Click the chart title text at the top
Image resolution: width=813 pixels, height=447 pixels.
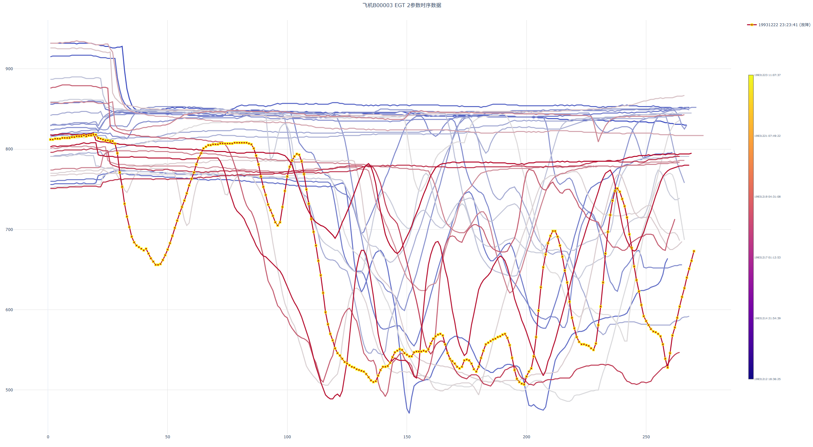(x=401, y=5)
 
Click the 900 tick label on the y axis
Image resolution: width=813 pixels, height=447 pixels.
(x=9, y=69)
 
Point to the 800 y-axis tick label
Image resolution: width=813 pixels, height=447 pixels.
(x=9, y=149)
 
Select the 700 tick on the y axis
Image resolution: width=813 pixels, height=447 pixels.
(x=9, y=230)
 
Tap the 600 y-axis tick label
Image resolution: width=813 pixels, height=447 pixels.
(x=9, y=310)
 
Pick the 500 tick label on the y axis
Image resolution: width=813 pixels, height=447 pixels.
(x=9, y=390)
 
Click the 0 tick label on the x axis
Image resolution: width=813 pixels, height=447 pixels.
(x=48, y=437)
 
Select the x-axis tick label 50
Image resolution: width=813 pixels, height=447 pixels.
(x=167, y=437)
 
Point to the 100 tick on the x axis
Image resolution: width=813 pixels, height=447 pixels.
(x=287, y=437)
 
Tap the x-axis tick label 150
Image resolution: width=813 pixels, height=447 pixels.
(x=407, y=437)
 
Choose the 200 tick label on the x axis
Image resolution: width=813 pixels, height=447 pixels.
(x=526, y=437)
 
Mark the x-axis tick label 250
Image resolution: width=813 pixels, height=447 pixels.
(x=646, y=437)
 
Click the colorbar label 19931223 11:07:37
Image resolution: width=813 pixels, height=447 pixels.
(x=767, y=75)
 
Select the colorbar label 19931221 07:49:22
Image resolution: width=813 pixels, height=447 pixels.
(x=767, y=136)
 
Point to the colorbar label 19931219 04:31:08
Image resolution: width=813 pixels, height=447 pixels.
(x=767, y=197)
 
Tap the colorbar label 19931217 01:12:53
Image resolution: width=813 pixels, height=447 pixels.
(x=767, y=257)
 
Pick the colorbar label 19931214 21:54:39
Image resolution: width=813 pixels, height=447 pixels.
(x=767, y=318)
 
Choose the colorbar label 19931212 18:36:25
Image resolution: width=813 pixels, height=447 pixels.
(x=767, y=379)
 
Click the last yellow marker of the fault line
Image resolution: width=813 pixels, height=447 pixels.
(x=694, y=251)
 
